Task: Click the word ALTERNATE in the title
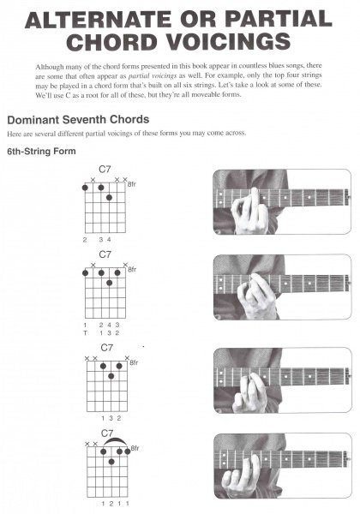tap(99, 20)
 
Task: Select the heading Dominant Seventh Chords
tap(78, 120)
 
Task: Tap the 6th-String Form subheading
tap(41, 151)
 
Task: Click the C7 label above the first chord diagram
tap(105, 169)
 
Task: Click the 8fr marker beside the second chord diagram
tap(132, 270)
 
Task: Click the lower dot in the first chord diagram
tap(109, 197)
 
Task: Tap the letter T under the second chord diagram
tap(85, 333)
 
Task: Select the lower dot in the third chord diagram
tap(111, 376)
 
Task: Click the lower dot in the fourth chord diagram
tap(111, 462)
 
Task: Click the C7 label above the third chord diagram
tap(107, 348)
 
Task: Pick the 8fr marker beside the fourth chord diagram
tap(135, 448)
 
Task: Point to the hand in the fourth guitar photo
tap(242, 473)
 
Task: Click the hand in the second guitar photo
tap(258, 296)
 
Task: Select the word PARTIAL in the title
tap(279, 20)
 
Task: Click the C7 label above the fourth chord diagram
tap(107, 433)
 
